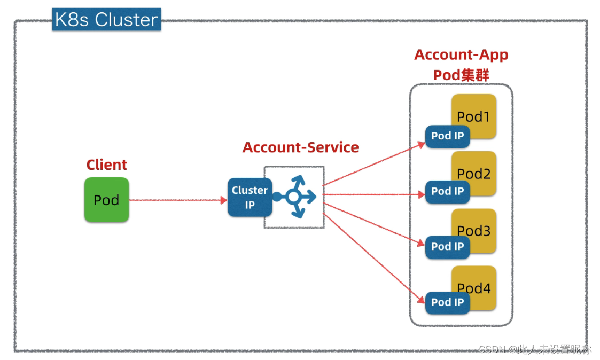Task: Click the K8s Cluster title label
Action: [x=106, y=19]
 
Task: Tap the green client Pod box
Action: [x=106, y=200]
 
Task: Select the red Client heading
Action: [x=106, y=165]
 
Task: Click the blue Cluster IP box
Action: [x=250, y=198]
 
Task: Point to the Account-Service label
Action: [x=300, y=147]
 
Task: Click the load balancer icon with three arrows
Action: [x=295, y=197]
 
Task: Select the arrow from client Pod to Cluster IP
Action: [x=178, y=200]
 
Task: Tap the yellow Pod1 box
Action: [x=474, y=116]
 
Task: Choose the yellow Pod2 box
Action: [x=474, y=173]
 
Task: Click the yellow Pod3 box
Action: [x=474, y=231]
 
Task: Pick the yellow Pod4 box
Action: [x=474, y=288]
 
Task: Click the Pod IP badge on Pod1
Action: [x=447, y=136]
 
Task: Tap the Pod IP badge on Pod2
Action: [x=447, y=192]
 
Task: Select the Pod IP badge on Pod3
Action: [x=447, y=247]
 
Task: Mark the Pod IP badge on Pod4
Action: [x=447, y=303]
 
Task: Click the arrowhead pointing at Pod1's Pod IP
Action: [x=422, y=144]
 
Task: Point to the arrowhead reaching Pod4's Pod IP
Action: [x=421, y=299]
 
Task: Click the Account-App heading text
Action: [x=461, y=54]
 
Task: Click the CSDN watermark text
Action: [x=535, y=349]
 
